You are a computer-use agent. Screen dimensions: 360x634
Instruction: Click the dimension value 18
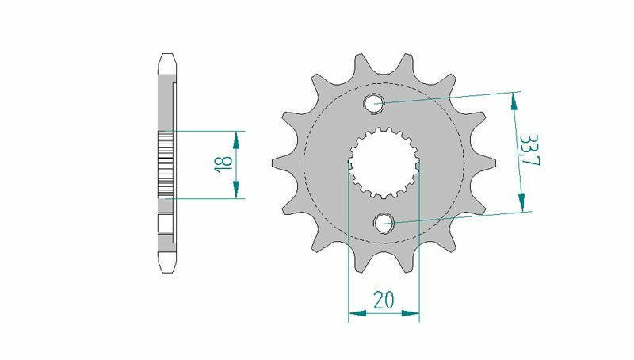tap(223, 164)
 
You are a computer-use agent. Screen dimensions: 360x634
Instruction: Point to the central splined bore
tap(384, 163)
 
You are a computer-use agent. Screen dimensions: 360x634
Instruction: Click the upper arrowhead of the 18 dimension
tap(235, 140)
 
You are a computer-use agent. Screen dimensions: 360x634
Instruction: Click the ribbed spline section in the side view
tap(166, 163)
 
